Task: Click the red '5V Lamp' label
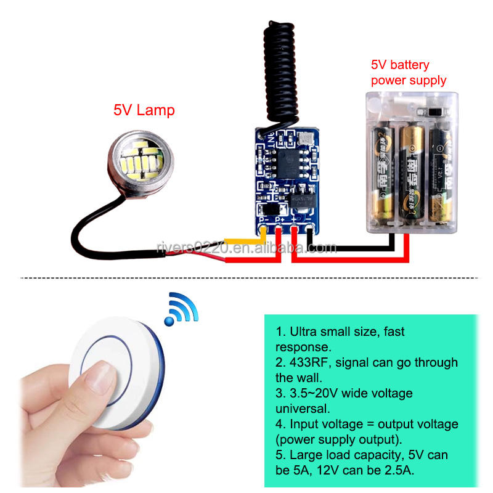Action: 144,111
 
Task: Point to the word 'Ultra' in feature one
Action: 304,332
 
